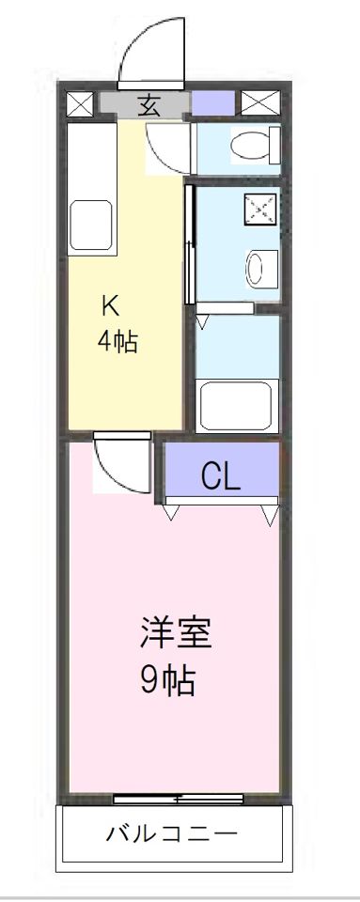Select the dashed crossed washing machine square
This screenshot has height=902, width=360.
coord(260,209)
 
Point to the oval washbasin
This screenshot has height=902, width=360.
coord(255,269)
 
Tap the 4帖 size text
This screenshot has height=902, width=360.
coord(117,341)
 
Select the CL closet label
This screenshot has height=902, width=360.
coord(221,477)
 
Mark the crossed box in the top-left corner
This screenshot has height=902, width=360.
coord(80,102)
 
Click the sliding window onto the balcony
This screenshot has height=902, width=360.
coord(179,800)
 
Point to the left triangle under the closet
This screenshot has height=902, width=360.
coord(172,513)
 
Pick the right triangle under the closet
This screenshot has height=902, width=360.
coord(271,514)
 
